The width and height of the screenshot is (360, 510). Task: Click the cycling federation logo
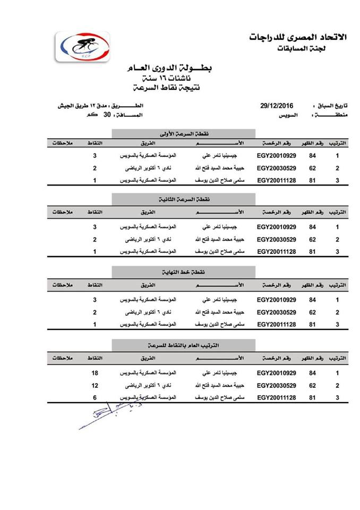[83, 45]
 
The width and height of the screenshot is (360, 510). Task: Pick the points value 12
[95, 385]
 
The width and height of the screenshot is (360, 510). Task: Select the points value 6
[95, 397]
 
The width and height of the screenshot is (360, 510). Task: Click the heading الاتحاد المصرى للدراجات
[297, 37]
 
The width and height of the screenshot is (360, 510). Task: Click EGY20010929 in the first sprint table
[276, 156]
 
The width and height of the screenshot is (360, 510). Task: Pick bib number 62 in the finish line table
[313, 312]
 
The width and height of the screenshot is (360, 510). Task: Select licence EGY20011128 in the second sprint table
[276, 251]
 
